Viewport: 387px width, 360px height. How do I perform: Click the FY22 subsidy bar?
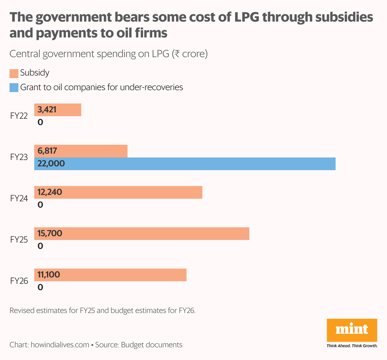click(58, 110)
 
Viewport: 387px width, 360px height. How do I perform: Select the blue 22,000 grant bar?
click(185, 164)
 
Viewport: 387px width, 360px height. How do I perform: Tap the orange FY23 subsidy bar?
click(81, 151)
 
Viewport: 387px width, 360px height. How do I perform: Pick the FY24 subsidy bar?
click(118, 192)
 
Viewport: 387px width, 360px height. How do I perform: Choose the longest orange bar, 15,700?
click(141, 234)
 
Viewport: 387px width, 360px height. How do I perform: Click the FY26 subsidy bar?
click(110, 275)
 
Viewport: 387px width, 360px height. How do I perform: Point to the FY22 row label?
click(19, 116)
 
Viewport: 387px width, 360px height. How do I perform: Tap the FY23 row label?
click(19, 157)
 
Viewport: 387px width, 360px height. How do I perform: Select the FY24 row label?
click(19, 198)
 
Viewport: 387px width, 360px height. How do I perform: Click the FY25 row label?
click(19, 240)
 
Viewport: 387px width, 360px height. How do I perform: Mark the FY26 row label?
click(19, 281)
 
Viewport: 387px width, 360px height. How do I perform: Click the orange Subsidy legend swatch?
click(14, 73)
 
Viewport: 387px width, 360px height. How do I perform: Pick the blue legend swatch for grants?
click(14, 88)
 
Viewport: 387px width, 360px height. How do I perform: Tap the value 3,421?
click(47, 110)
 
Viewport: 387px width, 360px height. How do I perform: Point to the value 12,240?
click(50, 192)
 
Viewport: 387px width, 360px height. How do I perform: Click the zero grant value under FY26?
click(40, 288)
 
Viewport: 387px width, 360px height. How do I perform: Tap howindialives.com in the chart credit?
click(60, 345)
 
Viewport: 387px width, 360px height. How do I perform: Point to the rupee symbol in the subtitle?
click(177, 54)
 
